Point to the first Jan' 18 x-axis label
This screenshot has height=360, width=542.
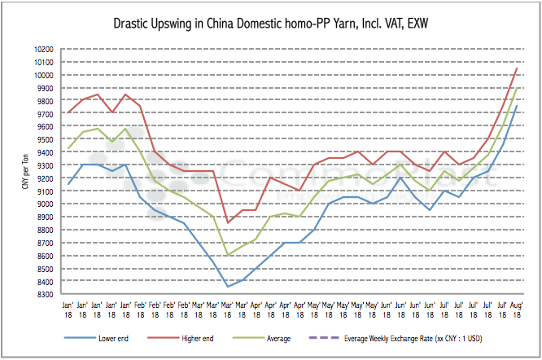pyautogui.click(x=68, y=308)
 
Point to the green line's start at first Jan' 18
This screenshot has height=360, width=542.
pyautogui.click(x=68, y=148)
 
